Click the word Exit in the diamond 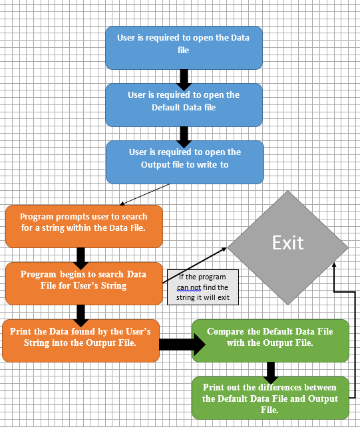tap(287, 243)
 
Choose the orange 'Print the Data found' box tap(81, 341)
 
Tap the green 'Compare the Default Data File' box tap(270, 340)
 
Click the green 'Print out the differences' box tap(270, 397)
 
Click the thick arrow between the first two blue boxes tap(184, 75)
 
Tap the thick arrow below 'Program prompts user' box tap(82, 255)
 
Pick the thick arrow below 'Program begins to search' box tap(82, 312)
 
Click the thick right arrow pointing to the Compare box tap(180, 344)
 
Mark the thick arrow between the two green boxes tap(271, 370)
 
